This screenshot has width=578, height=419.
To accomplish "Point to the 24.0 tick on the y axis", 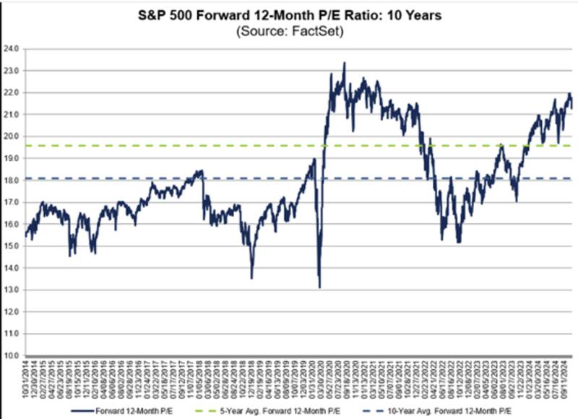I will (x=13, y=49).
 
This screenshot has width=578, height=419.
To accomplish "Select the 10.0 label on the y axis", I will (x=13, y=355).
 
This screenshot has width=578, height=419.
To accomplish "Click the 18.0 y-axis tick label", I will (x=13, y=181).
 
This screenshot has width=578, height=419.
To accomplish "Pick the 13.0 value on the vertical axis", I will (x=13, y=290).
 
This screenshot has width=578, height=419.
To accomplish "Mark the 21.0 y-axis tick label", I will (x=13, y=115).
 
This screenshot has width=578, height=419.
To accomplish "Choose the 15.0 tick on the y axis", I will (x=13, y=246).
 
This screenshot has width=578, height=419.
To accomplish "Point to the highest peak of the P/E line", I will (x=344, y=63).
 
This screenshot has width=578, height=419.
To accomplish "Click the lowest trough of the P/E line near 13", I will (x=319, y=288).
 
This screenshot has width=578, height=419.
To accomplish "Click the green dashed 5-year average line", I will (x=217, y=145).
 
